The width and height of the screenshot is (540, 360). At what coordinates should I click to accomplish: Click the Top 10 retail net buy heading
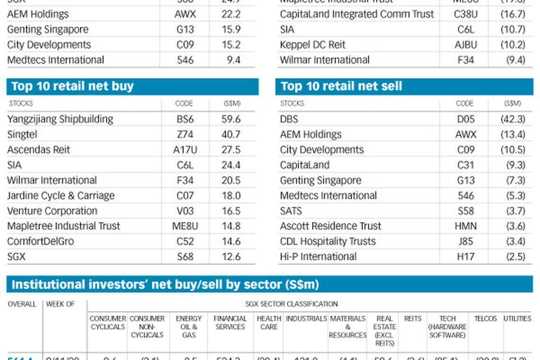click(72, 86)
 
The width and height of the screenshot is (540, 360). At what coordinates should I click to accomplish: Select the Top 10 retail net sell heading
click(341, 86)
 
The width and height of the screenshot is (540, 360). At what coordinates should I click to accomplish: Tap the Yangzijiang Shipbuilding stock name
click(60, 119)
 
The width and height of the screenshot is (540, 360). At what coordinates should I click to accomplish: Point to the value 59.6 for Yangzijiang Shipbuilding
click(231, 119)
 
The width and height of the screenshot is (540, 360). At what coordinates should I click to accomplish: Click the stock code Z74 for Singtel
click(185, 135)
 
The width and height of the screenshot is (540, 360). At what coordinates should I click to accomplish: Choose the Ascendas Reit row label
click(38, 150)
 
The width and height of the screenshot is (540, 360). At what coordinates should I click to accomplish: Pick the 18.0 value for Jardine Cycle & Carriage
click(231, 196)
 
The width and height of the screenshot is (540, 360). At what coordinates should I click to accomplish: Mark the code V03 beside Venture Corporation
click(185, 211)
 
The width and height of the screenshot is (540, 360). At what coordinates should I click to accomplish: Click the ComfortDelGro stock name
click(40, 241)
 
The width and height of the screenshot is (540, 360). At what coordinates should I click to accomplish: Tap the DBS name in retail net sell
click(289, 119)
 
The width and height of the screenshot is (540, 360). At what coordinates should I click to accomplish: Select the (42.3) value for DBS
click(513, 119)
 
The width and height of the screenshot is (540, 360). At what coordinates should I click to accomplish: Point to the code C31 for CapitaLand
click(466, 165)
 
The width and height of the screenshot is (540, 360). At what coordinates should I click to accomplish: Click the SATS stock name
click(291, 211)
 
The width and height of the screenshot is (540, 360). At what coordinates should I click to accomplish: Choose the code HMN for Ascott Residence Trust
click(466, 226)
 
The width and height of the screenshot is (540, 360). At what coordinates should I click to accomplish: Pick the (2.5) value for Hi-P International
click(515, 256)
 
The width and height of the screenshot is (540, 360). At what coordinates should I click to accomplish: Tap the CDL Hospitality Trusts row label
click(328, 241)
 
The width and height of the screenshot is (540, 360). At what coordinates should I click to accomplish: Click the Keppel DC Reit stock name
click(313, 45)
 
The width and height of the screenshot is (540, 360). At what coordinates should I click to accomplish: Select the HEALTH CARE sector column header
click(269, 323)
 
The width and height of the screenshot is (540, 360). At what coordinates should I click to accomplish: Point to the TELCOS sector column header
click(485, 319)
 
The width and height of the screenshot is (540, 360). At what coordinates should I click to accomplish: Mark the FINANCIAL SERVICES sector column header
click(230, 323)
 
